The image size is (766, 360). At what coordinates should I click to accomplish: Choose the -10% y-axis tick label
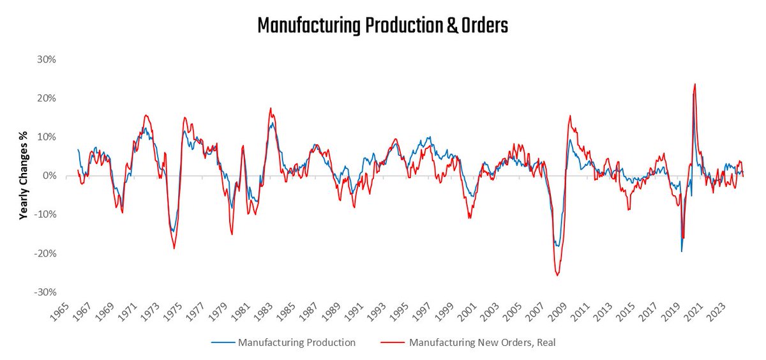(47, 214)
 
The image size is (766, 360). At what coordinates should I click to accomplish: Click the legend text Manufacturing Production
(296, 343)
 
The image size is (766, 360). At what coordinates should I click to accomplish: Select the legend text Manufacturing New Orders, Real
(482, 343)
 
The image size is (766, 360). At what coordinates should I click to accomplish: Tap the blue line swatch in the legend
(223, 343)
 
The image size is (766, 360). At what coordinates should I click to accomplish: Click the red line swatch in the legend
(394, 343)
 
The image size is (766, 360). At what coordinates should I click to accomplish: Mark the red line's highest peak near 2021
(695, 84)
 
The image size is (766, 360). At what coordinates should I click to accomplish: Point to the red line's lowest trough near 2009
(557, 275)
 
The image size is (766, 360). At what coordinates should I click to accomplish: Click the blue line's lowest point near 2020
(681, 251)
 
